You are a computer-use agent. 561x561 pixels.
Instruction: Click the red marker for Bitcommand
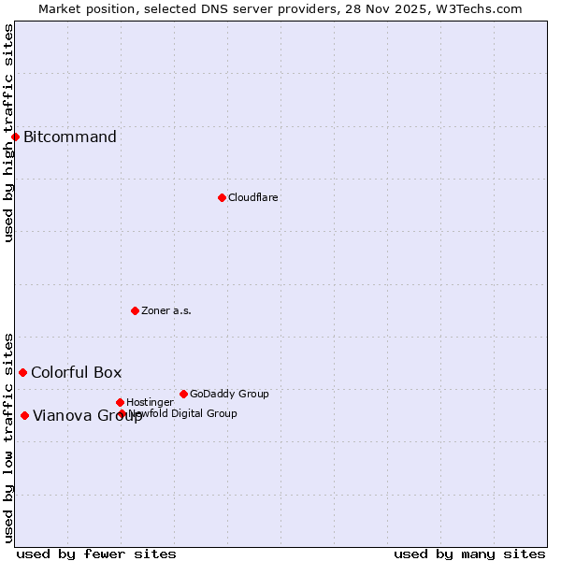click(x=15, y=137)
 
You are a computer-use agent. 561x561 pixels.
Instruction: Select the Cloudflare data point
click(x=222, y=197)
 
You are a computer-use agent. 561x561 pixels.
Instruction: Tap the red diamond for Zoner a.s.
click(x=135, y=310)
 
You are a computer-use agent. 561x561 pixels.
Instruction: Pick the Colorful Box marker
click(x=22, y=372)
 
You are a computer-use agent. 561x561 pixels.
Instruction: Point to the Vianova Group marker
click(x=24, y=415)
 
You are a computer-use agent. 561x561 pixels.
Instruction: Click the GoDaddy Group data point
click(x=183, y=394)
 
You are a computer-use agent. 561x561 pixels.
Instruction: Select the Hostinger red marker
click(x=120, y=402)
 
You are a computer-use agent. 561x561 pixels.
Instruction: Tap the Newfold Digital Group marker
click(x=122, y=413)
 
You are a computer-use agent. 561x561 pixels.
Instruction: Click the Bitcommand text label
click(x=70, y=137)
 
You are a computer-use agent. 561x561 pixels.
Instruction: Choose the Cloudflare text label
click(x=253, y=197)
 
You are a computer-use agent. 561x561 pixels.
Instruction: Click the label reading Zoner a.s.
click(x=166, y=310)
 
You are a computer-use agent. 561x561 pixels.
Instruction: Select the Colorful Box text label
click(x=77, y=372)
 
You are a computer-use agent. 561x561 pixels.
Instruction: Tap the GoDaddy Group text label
click(x=229, y=394)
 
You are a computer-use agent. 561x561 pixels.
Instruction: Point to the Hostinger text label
click(x=150, y=402)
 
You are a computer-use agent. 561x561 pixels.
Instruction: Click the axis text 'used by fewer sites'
click(x=96, y=554)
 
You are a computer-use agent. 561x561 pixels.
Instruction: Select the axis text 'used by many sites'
click(x=469, y=554)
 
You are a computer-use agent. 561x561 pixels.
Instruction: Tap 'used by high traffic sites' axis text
click(x=8, y=133)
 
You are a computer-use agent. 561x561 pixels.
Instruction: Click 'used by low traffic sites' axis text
click(x=8, y=438)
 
